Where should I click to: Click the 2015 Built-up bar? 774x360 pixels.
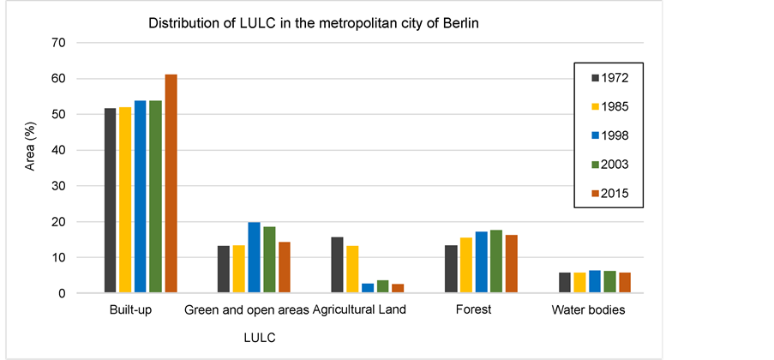[x=171, y=184]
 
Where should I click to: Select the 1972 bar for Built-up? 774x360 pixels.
[x=110, y=201]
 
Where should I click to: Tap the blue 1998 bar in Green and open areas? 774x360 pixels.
[x=254, y=258]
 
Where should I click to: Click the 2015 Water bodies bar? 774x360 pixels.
[x=625, y=283]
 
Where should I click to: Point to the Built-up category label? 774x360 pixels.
[x=131, y=310]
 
